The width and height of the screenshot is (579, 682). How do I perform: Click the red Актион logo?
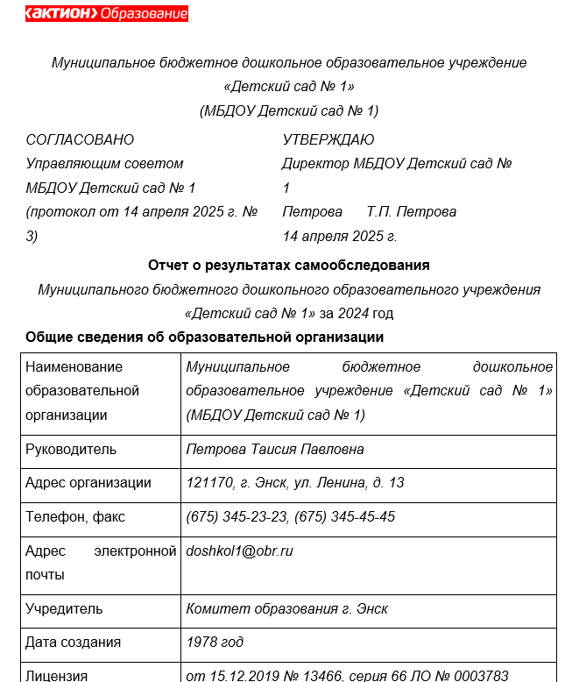click(106, 14)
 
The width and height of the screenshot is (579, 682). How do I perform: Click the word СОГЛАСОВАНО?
click(81, 139)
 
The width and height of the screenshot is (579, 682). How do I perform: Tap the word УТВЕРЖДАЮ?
click(328, 139)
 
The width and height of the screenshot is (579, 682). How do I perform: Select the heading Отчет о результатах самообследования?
click(289, 265)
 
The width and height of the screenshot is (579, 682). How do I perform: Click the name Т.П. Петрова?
click(412, 212)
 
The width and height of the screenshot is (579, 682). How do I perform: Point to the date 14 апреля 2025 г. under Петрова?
click(340, 236)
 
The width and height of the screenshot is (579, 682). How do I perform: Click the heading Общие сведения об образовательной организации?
click(205, 337)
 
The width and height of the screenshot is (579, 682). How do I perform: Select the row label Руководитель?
click(71, 450)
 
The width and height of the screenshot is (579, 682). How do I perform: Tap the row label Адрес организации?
click(88, 483)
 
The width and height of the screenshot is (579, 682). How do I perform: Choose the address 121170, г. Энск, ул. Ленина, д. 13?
click(295, 483)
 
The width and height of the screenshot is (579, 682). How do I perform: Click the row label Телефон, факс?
click(76, 516)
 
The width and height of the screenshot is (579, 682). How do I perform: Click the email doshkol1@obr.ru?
click(239, 551)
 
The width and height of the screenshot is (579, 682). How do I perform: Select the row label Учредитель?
click(64, 608)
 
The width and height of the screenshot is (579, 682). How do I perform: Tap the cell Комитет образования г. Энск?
click(286, 608)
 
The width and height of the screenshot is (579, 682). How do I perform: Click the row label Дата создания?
click(74, 642)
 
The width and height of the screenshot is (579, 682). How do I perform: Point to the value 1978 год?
click(215, 642)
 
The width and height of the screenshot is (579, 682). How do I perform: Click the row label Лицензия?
click(58, 675)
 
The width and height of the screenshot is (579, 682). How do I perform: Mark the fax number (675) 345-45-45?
click(345, 516)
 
